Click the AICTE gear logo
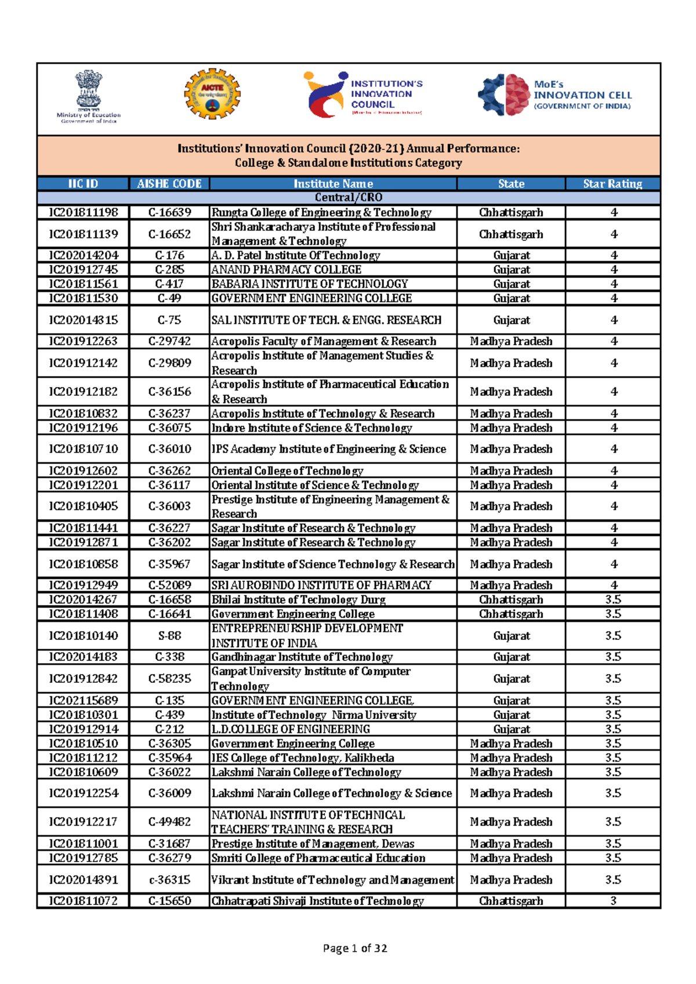(212, 95)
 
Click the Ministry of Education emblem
(89, 96)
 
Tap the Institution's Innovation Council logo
(362, 94)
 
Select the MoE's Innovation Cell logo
(554, 95)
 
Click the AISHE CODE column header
(169, 184)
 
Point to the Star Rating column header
(612, 184)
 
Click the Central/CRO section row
(348, 198)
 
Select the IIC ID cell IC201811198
(84, 212)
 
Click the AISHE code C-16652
(169, 234)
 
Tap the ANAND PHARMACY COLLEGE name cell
(287, 270)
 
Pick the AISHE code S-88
(169, 636)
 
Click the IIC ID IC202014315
(84, 320)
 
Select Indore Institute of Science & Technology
(311, 428)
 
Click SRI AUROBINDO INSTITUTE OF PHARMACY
(321, 585)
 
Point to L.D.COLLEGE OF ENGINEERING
(291, 729)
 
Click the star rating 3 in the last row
(613, 901)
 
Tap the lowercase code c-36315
(169, 880)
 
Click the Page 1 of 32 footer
(354, 948)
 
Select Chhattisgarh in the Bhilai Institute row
(511, 600)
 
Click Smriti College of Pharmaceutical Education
(318, 858)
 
